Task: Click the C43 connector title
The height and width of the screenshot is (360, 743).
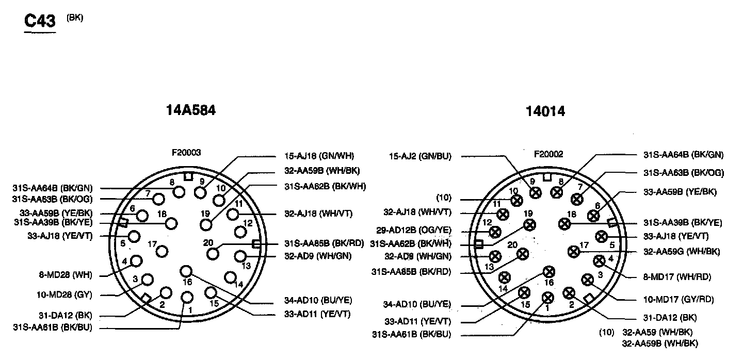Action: click(40, 21)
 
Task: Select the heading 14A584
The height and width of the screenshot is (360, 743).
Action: click(190, 110)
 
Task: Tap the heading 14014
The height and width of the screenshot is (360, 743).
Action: click(545, 111)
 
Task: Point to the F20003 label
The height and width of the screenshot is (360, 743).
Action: click(186, 153)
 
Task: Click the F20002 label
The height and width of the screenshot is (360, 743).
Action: click(548, 154)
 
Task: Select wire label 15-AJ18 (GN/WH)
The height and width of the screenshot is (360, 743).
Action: click(319, 155)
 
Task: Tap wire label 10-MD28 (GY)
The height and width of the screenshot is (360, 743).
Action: click(71, 295)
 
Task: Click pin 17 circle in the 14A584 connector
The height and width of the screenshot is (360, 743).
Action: click(162, 252)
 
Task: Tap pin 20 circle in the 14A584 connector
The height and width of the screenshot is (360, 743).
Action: click(213, 253)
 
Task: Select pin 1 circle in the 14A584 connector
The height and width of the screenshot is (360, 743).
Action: click(187, 298)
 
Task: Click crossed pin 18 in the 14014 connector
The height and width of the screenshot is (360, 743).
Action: click(564, 224)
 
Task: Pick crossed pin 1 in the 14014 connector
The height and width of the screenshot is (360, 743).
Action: click(548, 298)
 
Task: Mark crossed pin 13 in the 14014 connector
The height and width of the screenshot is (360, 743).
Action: click(495, 256)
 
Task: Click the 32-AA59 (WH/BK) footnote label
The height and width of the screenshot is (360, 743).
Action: click(657, 333)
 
